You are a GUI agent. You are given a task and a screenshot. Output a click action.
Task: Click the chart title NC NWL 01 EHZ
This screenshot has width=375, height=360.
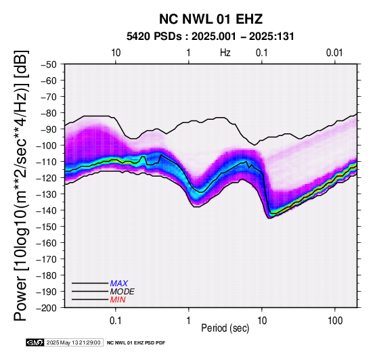211,19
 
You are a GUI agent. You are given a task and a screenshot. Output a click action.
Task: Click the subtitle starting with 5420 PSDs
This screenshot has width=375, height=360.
211,37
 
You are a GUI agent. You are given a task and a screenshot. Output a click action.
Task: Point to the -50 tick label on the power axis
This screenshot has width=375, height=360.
49,64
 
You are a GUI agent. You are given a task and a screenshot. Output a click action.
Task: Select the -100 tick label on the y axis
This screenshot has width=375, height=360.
47,145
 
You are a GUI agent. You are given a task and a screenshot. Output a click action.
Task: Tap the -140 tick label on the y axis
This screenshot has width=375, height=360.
47,210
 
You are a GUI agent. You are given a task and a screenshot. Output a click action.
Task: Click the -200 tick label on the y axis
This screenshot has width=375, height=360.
47,308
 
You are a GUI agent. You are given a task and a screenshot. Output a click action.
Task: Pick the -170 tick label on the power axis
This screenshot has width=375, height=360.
47,259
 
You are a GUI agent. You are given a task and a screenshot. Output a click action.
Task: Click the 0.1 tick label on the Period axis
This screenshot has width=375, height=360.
116,321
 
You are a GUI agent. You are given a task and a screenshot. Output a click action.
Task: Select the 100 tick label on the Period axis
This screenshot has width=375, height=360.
335,321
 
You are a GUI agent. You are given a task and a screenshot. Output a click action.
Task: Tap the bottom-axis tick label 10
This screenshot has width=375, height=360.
262,321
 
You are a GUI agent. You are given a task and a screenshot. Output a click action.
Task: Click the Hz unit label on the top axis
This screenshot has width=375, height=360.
225,53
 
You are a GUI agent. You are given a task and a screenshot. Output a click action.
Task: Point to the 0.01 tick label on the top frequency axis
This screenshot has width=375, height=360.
334,53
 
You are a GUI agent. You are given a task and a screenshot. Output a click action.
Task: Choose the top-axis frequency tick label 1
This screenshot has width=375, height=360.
189,53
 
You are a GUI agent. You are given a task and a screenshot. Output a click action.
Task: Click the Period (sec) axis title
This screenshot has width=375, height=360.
225,328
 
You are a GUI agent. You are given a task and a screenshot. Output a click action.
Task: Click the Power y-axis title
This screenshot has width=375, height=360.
21,185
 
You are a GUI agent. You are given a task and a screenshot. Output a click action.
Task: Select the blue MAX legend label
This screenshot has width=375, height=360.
119,284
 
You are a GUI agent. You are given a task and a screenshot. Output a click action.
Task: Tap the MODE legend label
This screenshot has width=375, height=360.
123,292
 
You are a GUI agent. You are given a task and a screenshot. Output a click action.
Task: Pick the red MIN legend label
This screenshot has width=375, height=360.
118,300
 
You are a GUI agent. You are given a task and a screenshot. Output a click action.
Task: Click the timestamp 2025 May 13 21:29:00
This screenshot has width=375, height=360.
74,343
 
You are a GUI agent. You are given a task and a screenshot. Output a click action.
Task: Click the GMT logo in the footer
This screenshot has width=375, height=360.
35,343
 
